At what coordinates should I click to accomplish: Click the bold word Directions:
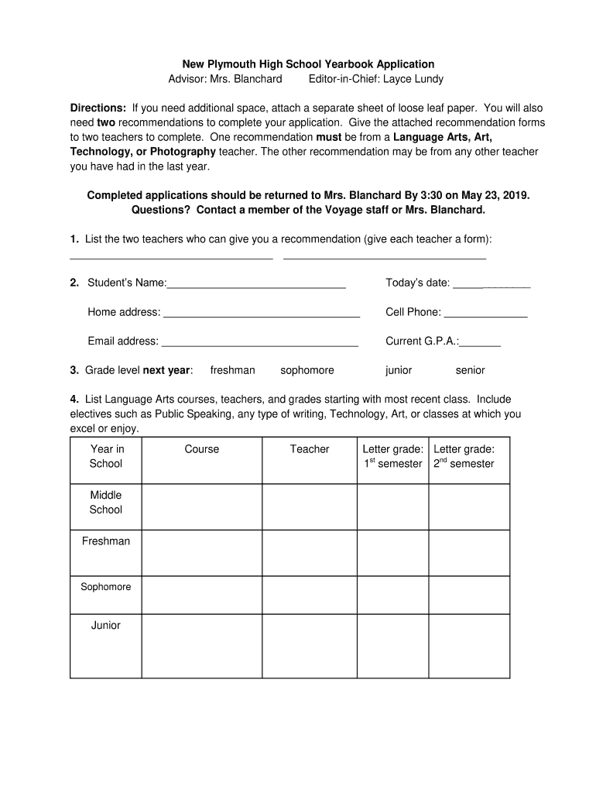(98, 108)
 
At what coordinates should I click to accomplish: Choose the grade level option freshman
(232, 370)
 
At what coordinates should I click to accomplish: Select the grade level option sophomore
(307, 370)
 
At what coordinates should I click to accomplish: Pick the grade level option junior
(399, 370)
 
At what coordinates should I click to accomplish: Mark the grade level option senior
(470, 370)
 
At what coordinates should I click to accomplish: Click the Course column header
(201, 449)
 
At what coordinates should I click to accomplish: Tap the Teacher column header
(310, 449)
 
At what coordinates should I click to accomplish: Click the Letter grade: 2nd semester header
(469, 456)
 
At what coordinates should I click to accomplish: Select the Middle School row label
(106, 502)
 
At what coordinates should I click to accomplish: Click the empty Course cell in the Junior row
(201, 646)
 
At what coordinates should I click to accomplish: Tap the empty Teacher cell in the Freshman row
(310, 553)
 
